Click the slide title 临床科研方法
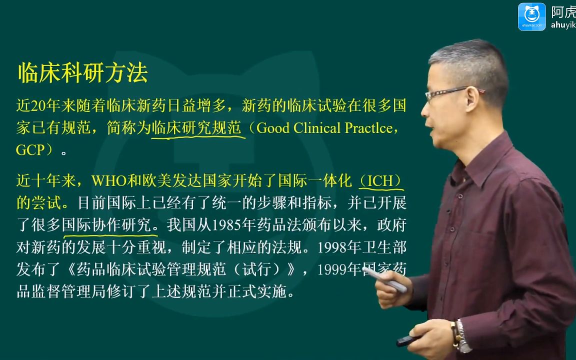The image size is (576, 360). pos(82,72)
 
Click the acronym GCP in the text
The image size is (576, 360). pos(30,150)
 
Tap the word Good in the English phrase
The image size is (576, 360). pos(273,128)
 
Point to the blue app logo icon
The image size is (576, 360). pos(531,17)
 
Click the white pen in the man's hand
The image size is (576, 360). pos(384,279)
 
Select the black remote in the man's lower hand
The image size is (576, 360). pos(408,340)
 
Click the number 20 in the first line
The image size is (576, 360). pos(38,106)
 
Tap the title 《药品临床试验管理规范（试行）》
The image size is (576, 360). pos(181,270)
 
